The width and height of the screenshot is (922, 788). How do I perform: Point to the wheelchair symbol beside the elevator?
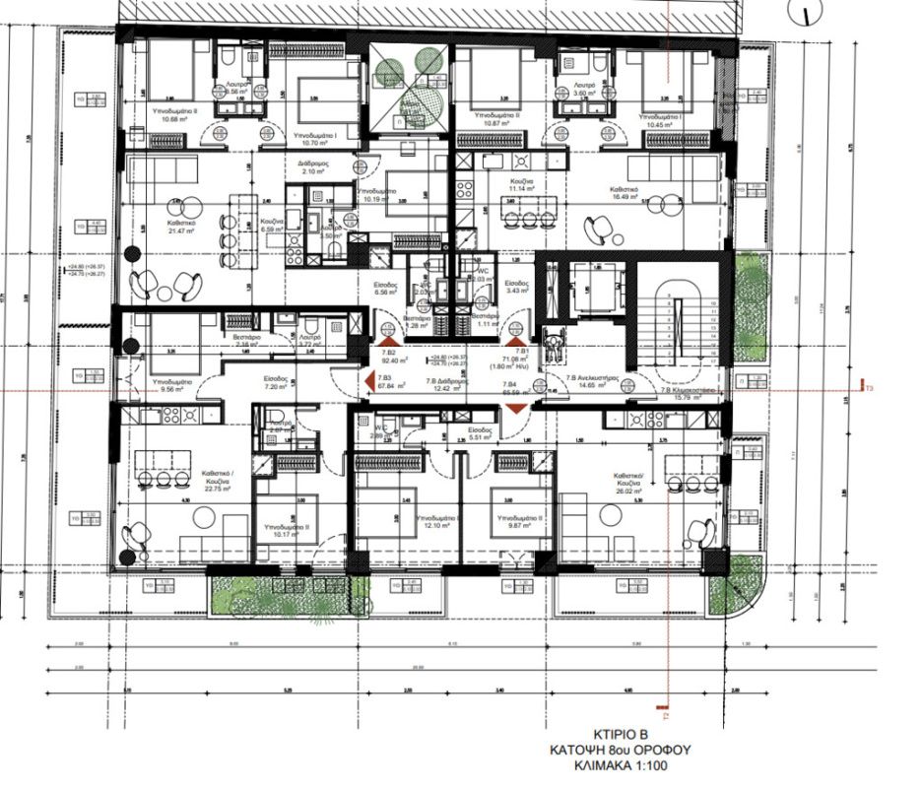551,346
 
